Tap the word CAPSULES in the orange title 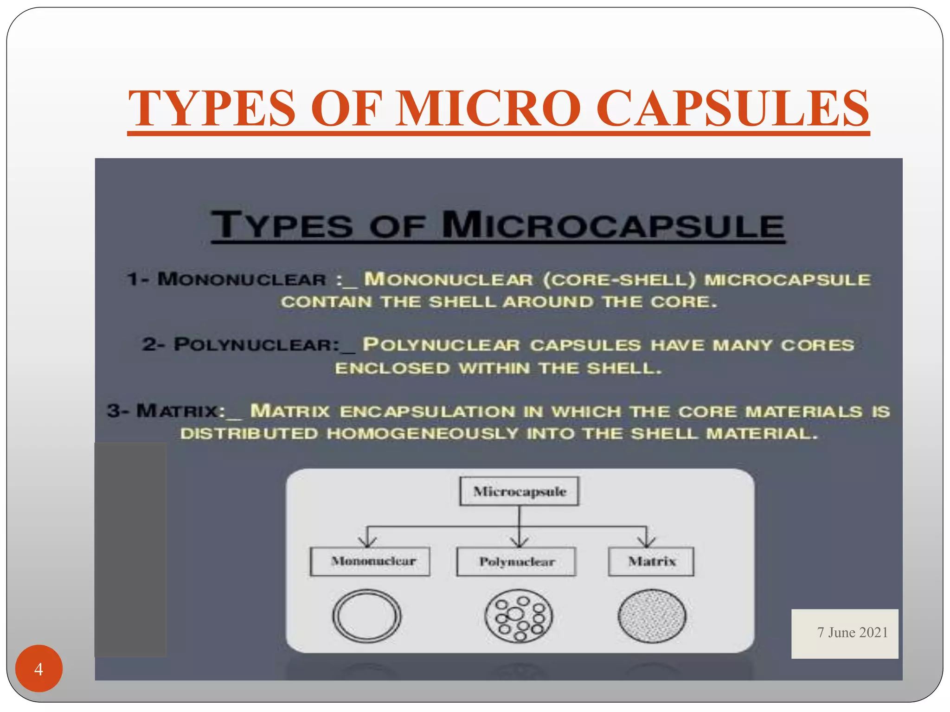click(732, 108)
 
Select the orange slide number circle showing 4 click(39, 668)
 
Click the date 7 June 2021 click(853, 633)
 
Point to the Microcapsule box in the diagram click(519, 491)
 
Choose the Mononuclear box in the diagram click(370, 561)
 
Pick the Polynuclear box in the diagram click(516, 562)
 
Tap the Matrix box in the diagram click(651, 561)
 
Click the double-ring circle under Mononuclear click(367, 616)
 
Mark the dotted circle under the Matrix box click(652, 616)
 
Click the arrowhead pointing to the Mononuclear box click(367, 541)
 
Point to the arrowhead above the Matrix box click(646, 541)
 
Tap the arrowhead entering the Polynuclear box click(520, 541)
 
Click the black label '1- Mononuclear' click(227, 279)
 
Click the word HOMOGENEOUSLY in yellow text click(422, 434)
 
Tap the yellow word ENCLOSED click(392, 369)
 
